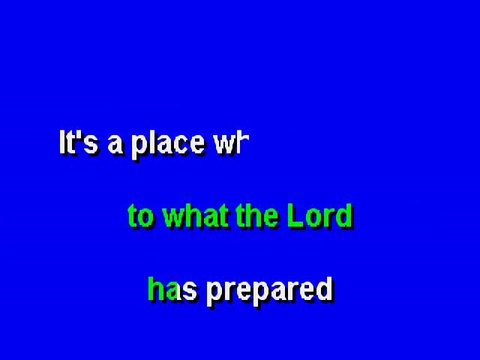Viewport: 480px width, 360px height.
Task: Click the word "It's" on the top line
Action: [78, 142]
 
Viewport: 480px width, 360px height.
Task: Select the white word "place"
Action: [168, 145]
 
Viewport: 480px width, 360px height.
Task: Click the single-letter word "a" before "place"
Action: [115, 145]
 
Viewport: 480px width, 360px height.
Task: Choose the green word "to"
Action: [140, 215]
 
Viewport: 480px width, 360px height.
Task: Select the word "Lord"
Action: [319, 215]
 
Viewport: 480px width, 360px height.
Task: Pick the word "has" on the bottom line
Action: [172, 289]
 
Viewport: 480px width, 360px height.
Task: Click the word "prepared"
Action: [269, 291]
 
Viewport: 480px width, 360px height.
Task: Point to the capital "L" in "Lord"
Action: [295, 215]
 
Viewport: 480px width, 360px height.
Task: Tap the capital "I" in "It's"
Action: [62, 142]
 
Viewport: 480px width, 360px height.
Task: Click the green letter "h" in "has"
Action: [155, 289]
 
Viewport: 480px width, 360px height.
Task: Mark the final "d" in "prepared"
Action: [325, 289]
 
